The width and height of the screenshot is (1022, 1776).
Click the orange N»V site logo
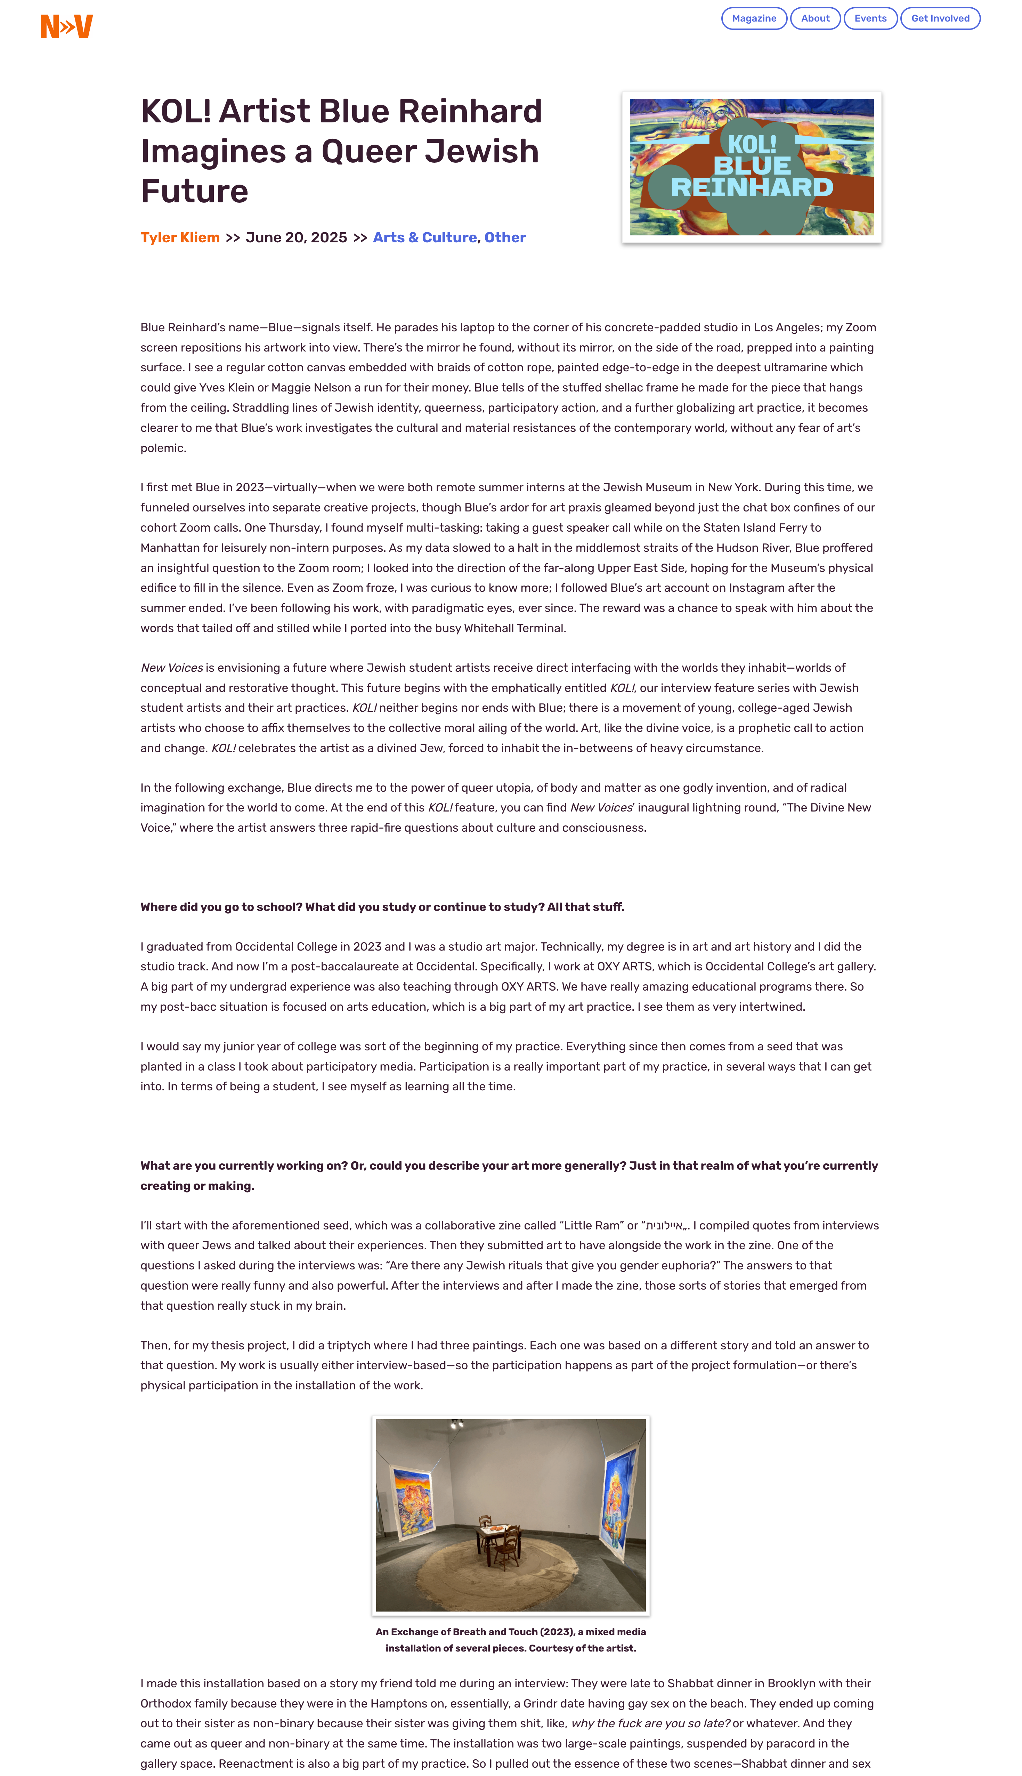click(x=67, y=27)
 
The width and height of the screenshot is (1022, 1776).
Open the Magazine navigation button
click(x=754, y=18)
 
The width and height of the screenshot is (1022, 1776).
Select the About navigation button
click(x=815, y=18)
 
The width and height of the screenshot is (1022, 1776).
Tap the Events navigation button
click(x=870, y=18)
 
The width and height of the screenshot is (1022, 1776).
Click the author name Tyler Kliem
click(x=180, y=237)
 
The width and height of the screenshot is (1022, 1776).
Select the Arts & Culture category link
click(x=425, y=237)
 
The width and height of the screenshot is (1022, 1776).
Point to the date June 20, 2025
click(x=296, y=237)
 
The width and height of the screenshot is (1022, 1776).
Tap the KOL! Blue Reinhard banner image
click(x=751, y=167)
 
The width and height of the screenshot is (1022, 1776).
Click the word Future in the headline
click(x=194, y=191)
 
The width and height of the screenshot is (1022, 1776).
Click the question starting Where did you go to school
click(x=382, y=907)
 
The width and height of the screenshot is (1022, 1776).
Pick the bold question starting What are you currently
click(x=509, y=1175)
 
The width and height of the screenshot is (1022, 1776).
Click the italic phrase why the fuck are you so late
click(x=650, y=1723)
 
